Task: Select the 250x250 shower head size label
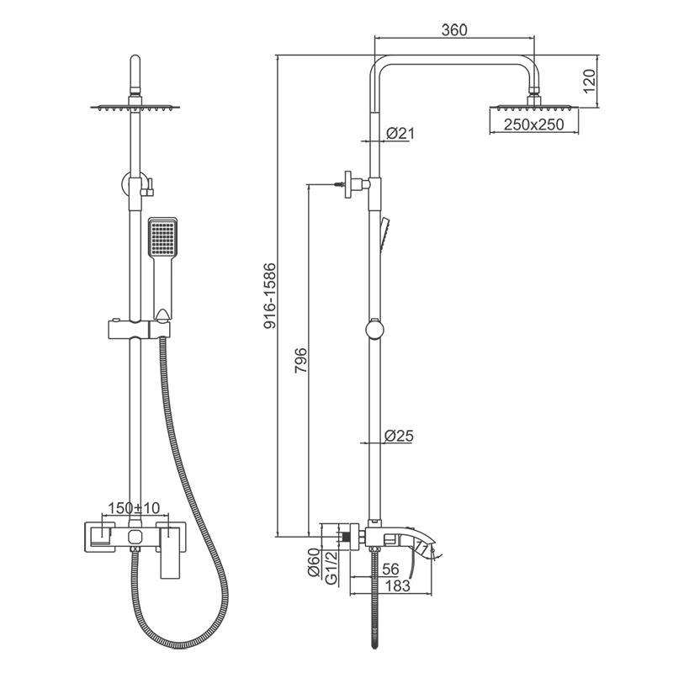pos(534,125)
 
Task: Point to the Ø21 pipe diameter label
pos(400,134)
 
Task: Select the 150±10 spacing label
pos(134,508)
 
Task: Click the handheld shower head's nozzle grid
pos(161,237)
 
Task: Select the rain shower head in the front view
pos(134,107)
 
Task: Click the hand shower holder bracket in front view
pos(135,329)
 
